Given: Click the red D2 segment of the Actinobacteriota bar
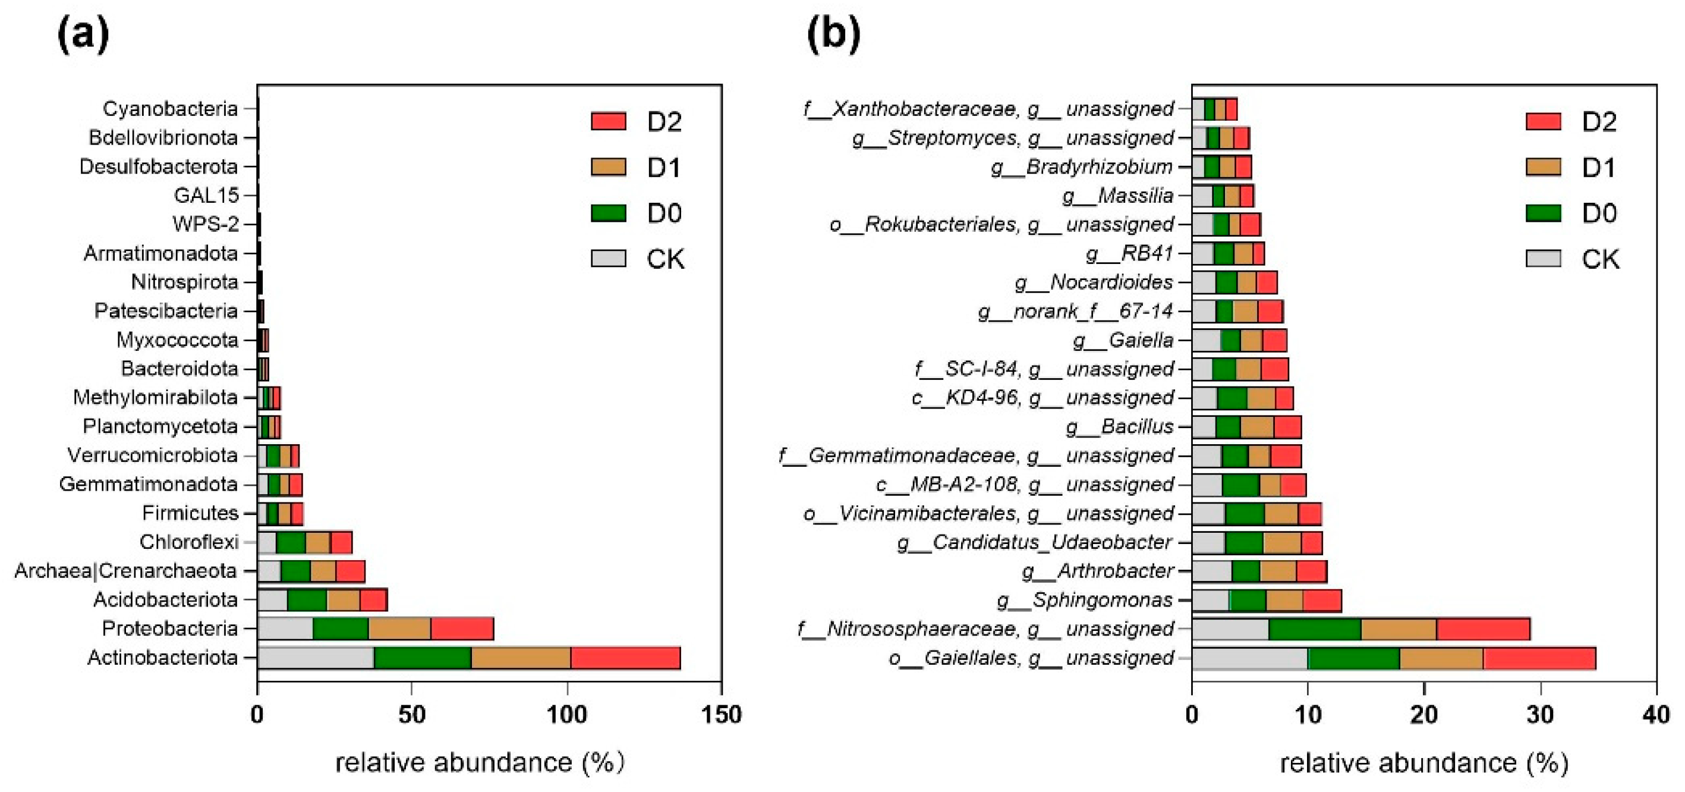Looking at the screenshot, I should coord(625,658).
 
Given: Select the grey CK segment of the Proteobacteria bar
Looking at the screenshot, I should coord(285,628).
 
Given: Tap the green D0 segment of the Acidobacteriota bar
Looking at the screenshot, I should coord(307,599).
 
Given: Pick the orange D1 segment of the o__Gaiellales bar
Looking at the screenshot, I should coord(1441,658).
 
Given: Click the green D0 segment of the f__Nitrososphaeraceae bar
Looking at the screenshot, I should coord(1314,629).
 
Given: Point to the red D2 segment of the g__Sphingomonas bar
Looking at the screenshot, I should coord(1321,600).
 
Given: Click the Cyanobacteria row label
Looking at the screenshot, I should coord(170,109).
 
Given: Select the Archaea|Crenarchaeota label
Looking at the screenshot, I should coord(125,571).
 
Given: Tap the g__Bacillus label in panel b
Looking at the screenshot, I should coord(1119,427).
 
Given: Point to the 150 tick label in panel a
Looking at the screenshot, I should coord(721,714).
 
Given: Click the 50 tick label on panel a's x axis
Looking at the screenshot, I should coord(411,714).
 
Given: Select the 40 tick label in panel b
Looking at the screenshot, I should coord(1655,714).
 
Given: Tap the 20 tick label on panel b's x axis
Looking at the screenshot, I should coord(1423,714).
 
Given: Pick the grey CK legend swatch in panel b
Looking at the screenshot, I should coord(1543,259).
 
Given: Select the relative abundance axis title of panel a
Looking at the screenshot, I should coord(480,762).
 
